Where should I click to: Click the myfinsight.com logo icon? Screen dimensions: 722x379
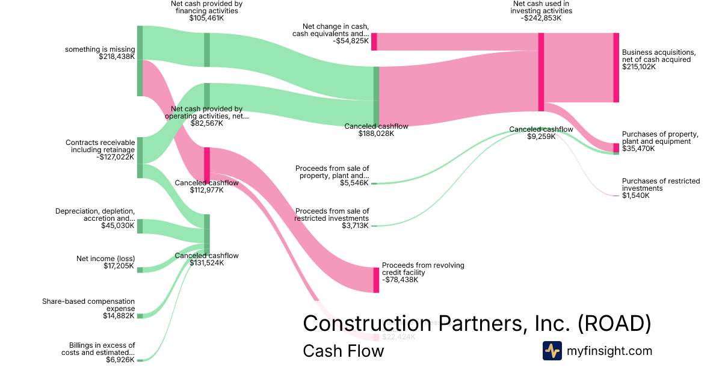coord(552,351)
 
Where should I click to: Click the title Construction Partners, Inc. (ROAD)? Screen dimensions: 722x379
coord(477,323)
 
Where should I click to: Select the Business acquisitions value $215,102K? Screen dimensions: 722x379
coord(639,67)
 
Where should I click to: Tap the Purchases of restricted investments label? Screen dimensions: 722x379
coord(661,185)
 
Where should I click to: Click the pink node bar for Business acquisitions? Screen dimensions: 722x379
coord(616,67)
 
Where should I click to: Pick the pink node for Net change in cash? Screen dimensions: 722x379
coord(374,42)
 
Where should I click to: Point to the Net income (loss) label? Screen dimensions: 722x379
coord(105,259)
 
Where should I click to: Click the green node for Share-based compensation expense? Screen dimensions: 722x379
coord(140,316)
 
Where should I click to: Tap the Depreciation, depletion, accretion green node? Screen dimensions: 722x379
coord(140,226)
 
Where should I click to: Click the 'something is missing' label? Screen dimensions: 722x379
coord(100,49)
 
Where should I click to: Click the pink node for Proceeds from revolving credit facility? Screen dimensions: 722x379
coord(376,280)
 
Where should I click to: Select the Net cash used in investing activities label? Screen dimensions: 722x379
coord(542,7)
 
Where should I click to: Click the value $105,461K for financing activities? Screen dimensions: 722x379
coord(206,18)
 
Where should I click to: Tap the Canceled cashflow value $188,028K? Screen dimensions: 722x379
coord(376,134)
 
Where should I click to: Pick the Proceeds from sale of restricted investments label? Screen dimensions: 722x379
coord(332,214)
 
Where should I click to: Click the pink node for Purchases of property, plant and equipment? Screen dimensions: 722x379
coord(616,148)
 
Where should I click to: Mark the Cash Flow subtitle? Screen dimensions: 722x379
coord(343,351)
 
